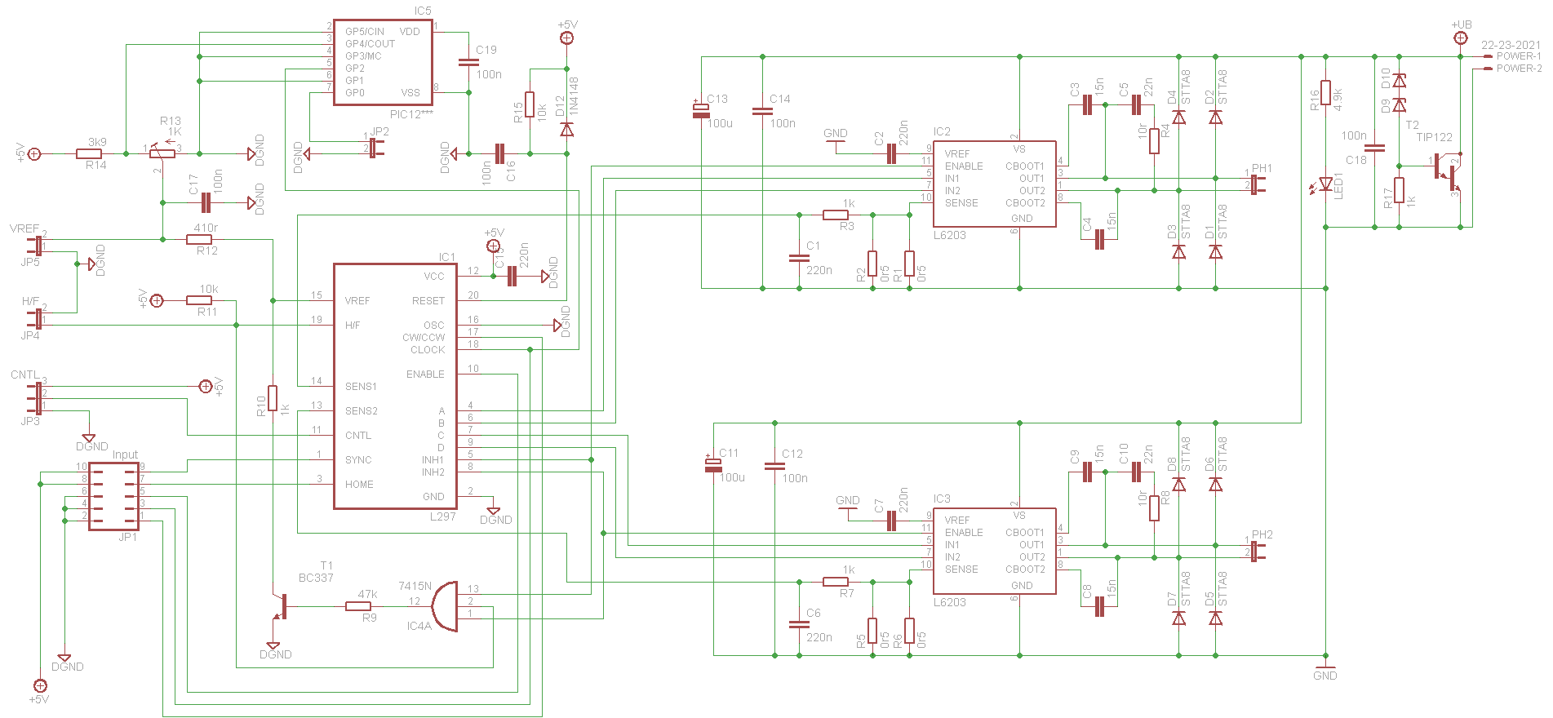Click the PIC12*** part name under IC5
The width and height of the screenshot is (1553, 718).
click(411, 114)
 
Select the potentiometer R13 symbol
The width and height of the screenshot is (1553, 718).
click(162, 153)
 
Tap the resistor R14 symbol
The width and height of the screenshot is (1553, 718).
click(89, 153)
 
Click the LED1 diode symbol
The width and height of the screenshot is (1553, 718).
click(1326, 184)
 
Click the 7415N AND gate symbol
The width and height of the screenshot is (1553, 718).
click(444, 606)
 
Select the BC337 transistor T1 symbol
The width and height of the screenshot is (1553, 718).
click(279, 608)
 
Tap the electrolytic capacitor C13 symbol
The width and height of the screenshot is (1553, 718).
click(701, 110)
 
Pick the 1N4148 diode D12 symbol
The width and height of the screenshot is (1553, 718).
click(566, 129)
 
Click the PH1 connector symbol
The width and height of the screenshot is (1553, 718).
click(1257, 181)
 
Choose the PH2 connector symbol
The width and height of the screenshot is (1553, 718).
click(1257, 548)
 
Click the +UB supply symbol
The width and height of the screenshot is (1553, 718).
click(1461, 37)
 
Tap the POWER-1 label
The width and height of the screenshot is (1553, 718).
click(1519, 56)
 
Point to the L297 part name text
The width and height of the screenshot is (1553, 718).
click(443, 516)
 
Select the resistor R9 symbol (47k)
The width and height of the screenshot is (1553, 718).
click(358, 606)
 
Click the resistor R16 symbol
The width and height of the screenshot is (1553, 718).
click(1326, 93)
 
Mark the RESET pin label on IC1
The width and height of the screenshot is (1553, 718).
click(428, 301)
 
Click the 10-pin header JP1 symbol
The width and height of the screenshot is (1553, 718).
click(113, 496)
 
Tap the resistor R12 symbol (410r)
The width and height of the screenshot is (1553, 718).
click(199, 239)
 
